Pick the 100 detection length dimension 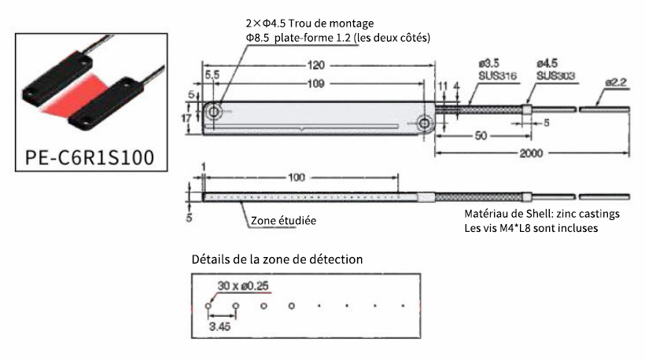[297, 178]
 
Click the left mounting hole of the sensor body [214, 112]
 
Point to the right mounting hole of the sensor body [425, 123]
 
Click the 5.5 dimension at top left [210, 73]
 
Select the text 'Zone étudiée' [283, 221]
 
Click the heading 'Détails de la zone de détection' [277, 259]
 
